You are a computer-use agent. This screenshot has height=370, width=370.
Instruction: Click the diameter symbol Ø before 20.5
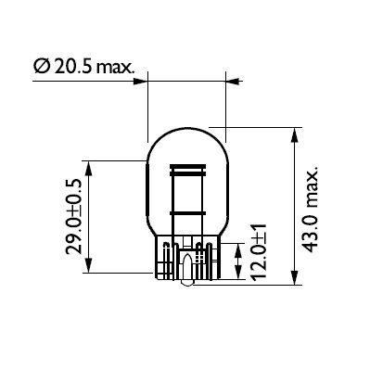40,68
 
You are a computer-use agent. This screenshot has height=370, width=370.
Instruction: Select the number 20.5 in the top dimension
71,68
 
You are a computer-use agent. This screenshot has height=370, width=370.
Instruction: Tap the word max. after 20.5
116,68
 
